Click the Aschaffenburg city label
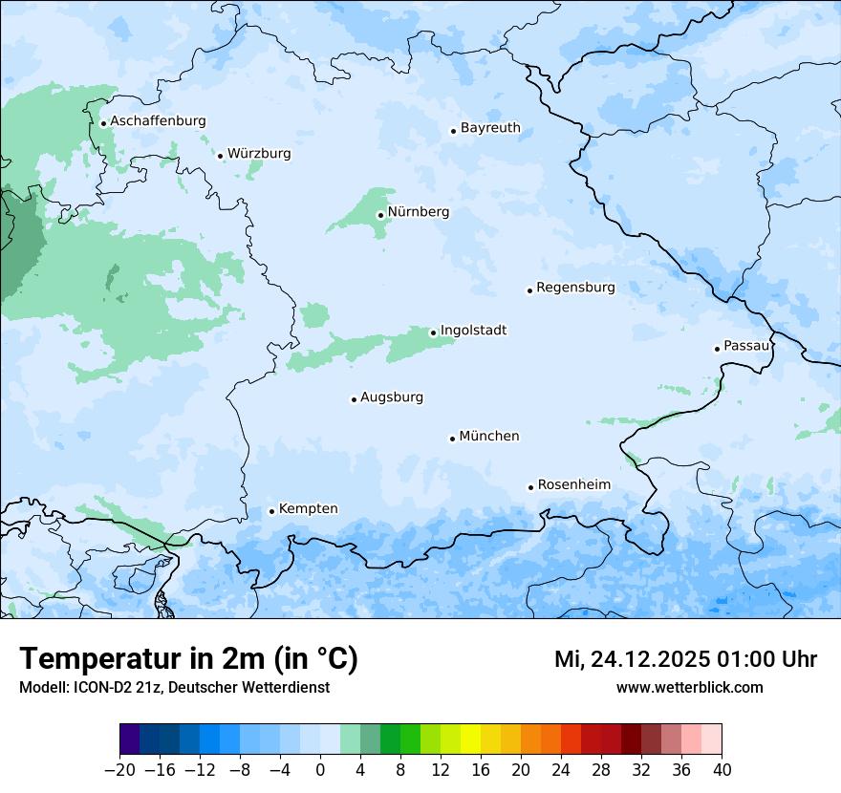[x=158, y=121]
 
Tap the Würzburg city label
[x=259, y=154]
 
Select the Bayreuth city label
[x=490, y=128]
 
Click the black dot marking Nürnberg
[x=380, y=215]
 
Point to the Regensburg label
[x=575, y=288]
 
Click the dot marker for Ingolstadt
[x=433, y=333]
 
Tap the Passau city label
[x=745, y=346]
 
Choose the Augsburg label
[x=392, y=397]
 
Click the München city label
[x=489, y=437]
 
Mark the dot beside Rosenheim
[x=530, y=487]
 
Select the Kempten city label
[x=308, y=509]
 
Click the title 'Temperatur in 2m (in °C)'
[x=188, y=659]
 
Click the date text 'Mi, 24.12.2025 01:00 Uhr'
[x=685, y=659]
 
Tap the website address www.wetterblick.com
[x=689, y=687]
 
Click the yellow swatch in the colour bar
[x=470, y=739]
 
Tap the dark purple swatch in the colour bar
[x=130, y=739]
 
